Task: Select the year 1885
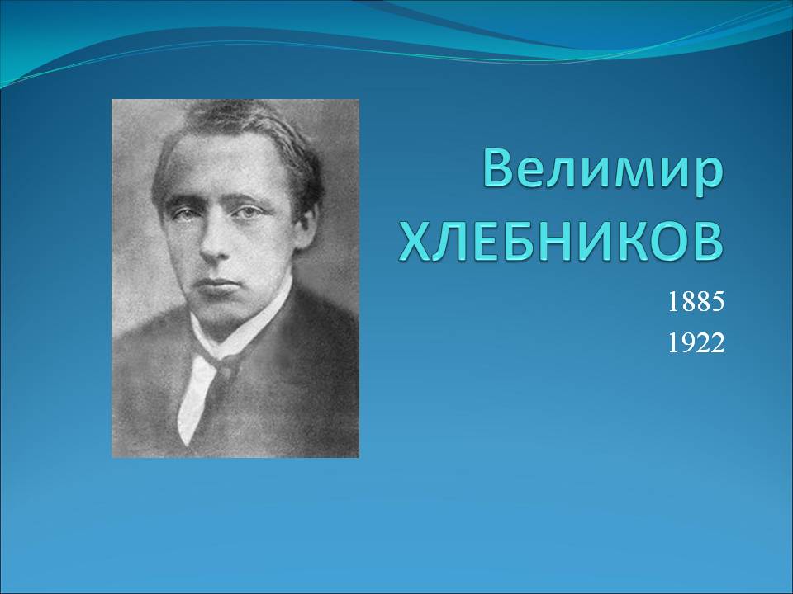[696, 302]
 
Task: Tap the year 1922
[696, 343]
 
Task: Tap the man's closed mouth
[218, 281]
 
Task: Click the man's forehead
[222, 167]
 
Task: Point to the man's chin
[222, 311]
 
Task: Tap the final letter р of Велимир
[707, 177]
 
